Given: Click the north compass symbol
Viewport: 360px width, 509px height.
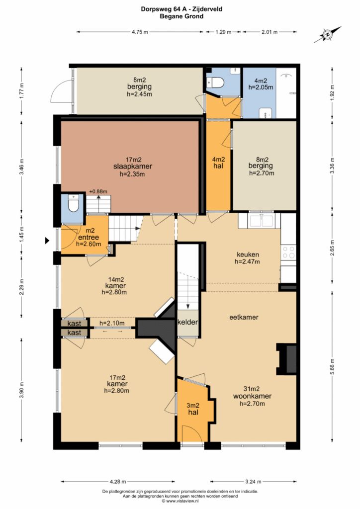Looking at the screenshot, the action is click(328, 34).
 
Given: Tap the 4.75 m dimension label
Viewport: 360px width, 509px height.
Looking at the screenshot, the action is click(140, 32).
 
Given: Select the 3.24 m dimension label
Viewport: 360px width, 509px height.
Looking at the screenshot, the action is click(253, 481).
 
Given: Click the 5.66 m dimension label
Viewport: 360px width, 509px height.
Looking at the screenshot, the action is click(332, 365).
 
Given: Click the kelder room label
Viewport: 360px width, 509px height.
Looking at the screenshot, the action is click(187, 322).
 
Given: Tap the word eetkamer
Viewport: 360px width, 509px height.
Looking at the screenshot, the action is click(244, 317).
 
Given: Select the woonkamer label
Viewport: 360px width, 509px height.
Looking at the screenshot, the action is click(252, 396).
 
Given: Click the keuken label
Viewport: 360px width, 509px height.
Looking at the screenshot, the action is click(248, 255).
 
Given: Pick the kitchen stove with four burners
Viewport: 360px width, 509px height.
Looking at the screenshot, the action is click(288, 252).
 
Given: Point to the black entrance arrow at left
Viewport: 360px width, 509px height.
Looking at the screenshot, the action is click(47, 241).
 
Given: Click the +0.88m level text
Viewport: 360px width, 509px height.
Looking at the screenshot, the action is click(98, 191).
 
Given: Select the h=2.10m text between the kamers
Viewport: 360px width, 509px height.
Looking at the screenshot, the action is click(112, 323).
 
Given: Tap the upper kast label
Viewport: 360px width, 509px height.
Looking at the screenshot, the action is click(74, 324).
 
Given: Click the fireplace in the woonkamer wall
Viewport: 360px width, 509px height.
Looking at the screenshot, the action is click(286, 359).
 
